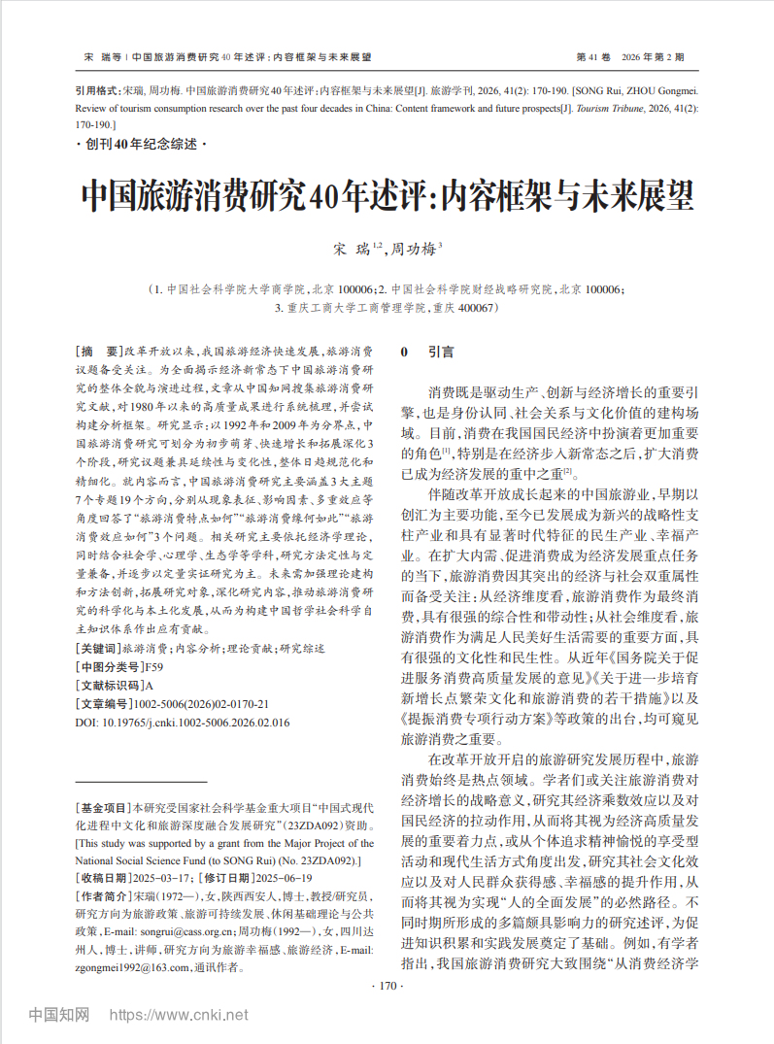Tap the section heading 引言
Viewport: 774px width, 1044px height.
pyautogui.click(x=441, y=352)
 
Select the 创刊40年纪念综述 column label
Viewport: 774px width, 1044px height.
pyautogui.click(x=142, y=145)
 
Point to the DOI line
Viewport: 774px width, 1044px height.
pyautogui.click(x=183, y=722)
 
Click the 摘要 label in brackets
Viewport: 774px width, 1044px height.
pyautogui.click(x=99, y=352)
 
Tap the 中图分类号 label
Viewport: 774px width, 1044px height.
pyautogui.click(x=109, y=666)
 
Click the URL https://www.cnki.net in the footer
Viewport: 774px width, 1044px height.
pyautogui.click(x=179, y=1015)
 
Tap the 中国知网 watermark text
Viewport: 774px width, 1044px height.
pyautogui.click(x=59, y=1015)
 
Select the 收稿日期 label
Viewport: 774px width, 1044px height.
pyautogui.click(x=102, y=878)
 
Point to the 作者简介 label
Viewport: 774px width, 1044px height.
pyautogui.click(x=102, y=895)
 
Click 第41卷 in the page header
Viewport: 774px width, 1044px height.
pyautogui.click(x=593, y=57)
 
